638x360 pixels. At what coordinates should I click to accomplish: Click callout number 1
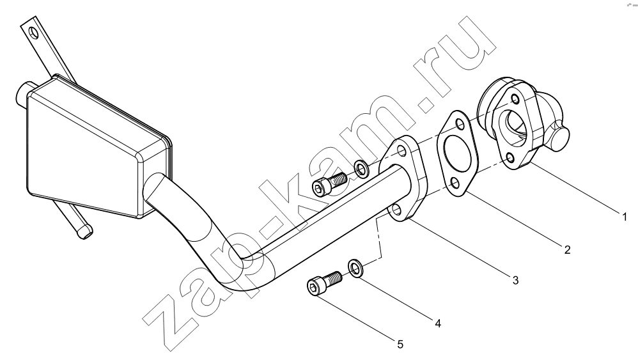click(x=625, y=216)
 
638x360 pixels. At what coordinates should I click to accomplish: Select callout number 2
click(x=567, y=249)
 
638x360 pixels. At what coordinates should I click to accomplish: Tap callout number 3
click(x=515, y=280)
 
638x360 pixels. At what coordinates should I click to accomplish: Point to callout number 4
click(x=438, y=324)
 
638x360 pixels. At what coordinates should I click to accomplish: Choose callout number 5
click(x=400, y=345)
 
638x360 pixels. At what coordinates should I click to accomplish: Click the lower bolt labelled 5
click(x=324, y=281)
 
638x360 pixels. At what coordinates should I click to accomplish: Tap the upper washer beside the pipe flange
click(x=361, y=169)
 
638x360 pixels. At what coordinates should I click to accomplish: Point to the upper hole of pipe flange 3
click(x=402, y=152)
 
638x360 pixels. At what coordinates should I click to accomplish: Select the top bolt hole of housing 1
click(x=515, y=99)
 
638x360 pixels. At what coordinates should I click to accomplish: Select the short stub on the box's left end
click(x=22, y=93)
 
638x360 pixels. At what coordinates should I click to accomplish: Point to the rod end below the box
click(x=84, y=232)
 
